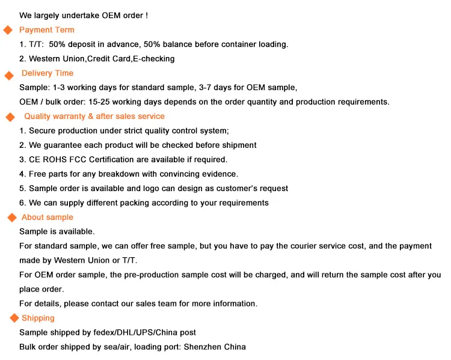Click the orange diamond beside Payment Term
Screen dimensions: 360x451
[x=8, y=31]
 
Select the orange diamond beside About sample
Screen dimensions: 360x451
[x=11, y=218]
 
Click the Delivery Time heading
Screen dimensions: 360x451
[x=48, y=73]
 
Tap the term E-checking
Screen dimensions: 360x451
[x=154, y=59]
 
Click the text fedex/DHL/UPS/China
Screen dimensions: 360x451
[x=137, y=333]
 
